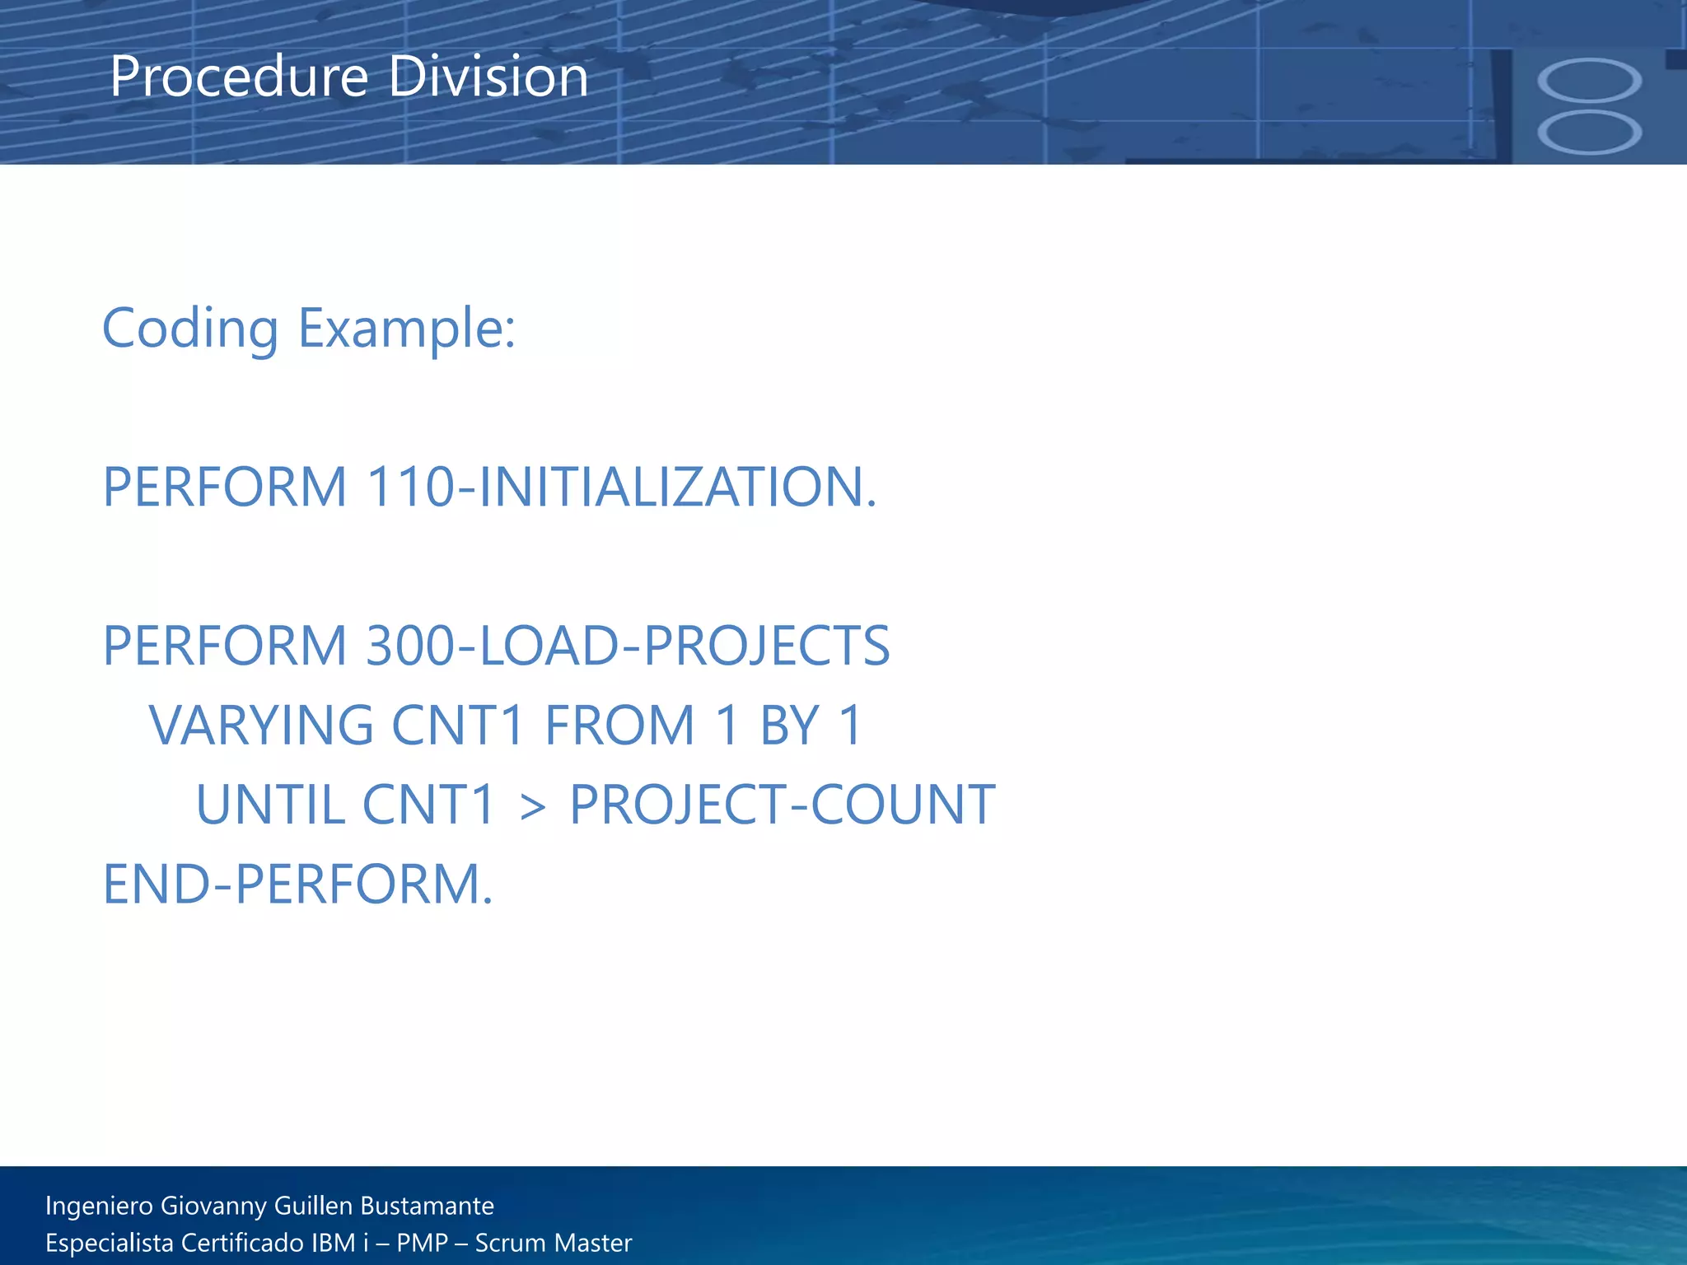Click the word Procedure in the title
[239, 77]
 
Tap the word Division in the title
[488, 77]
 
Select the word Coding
[190, 329]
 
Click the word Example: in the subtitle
[406, 329]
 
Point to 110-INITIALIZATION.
[621, 487]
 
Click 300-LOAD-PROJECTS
[628, 646]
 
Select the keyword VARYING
[261, 726]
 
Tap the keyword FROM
[620, 726]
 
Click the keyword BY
[789, 726]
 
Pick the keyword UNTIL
[270, 805]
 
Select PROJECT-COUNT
[782, 805]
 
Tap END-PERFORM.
[297, 885]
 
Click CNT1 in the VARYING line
[458, 726]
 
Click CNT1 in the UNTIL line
[428, 805]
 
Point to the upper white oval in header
[1589, 81]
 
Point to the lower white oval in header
[1589, 133]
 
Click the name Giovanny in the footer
[213, 1206]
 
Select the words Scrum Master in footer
[553, 1243]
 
